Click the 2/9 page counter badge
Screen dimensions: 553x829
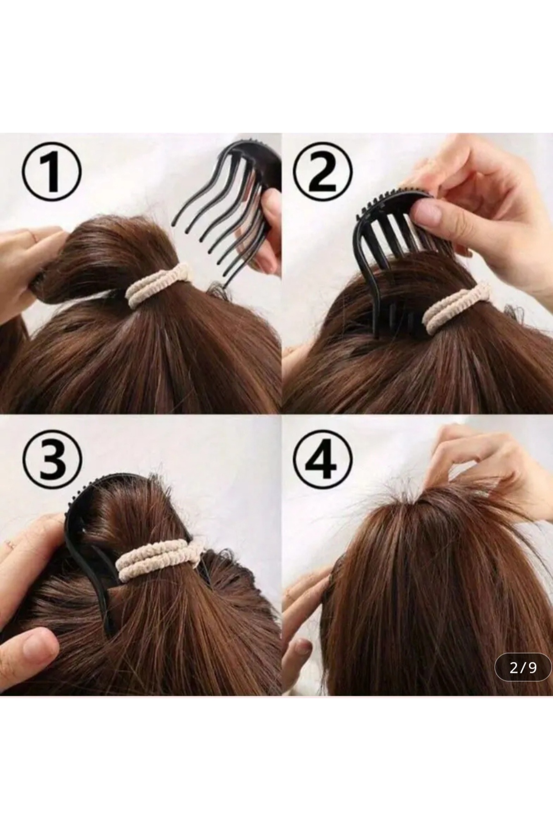point(524,668)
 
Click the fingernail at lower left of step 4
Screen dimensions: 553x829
point(300,647)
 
